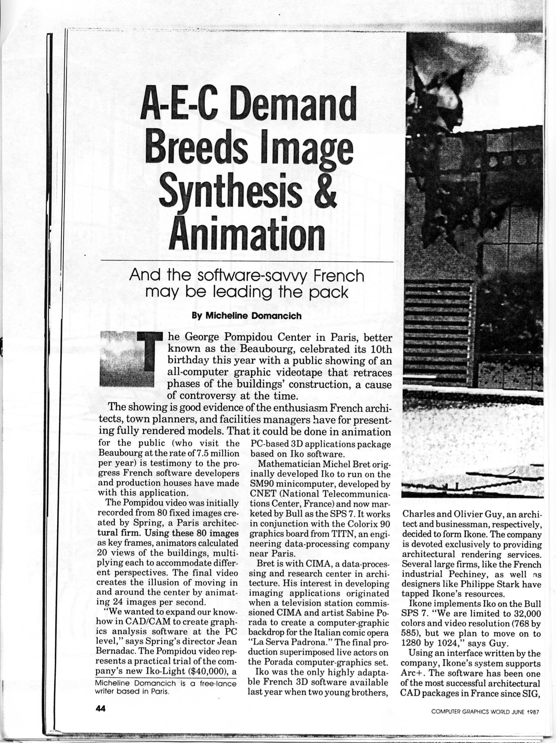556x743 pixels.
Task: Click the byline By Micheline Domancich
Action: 247,316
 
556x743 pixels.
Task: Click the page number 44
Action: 101,709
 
